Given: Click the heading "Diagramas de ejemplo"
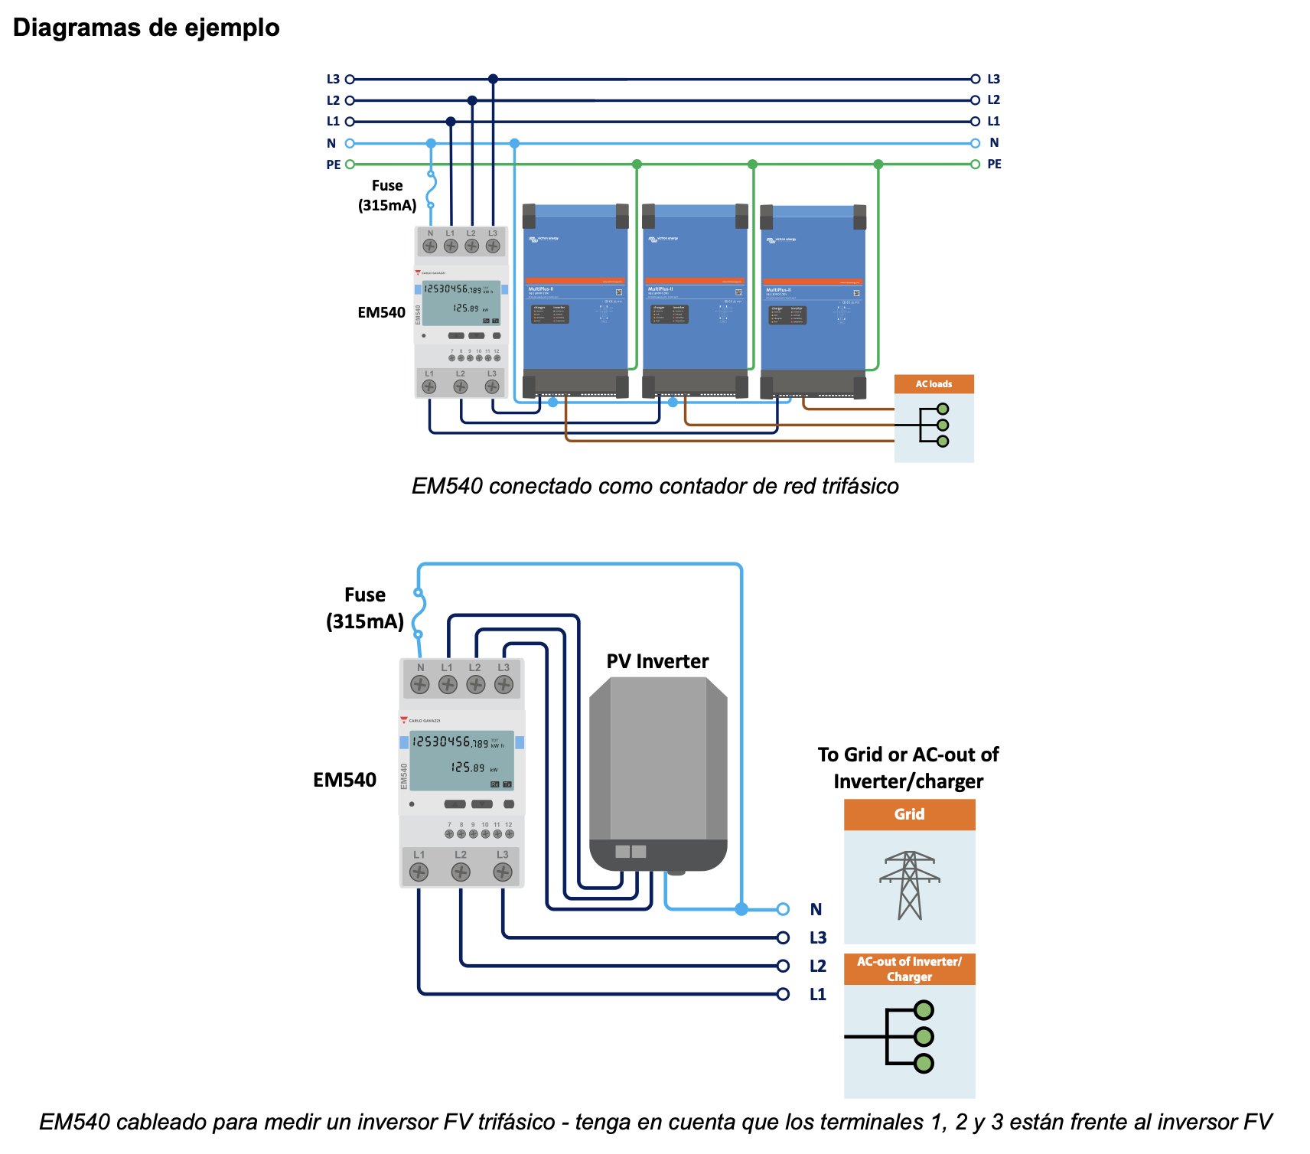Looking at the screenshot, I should (146, 28).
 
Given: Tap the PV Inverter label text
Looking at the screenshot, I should (657, 661).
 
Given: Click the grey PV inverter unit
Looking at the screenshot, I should (658, 773).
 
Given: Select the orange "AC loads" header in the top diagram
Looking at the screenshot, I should (934, 384).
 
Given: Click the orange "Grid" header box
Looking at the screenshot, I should (909, 814).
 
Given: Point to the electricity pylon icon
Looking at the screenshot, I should (909, 885).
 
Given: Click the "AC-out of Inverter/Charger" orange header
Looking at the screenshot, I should (909, 969).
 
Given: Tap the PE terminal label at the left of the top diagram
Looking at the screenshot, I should (334, 165).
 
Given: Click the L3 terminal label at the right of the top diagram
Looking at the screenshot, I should (993, 79).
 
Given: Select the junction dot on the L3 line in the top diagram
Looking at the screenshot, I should (493, 79).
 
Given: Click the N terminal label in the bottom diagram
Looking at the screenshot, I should (816, 909).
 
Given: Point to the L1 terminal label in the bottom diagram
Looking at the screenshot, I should (817, 994).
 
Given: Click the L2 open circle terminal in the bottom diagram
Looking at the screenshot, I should (783, 966).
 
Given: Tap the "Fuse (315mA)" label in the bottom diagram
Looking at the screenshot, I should (365, 608).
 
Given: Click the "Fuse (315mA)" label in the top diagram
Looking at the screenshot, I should (387, 195).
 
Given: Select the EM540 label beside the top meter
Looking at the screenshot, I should (381, 312).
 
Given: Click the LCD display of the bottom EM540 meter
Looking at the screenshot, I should (462, 761).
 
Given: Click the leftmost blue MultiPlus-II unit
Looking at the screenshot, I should (575, 298).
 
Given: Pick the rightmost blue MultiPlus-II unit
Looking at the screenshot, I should (813, 298).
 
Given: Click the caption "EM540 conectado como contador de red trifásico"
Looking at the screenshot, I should (655, 486).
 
